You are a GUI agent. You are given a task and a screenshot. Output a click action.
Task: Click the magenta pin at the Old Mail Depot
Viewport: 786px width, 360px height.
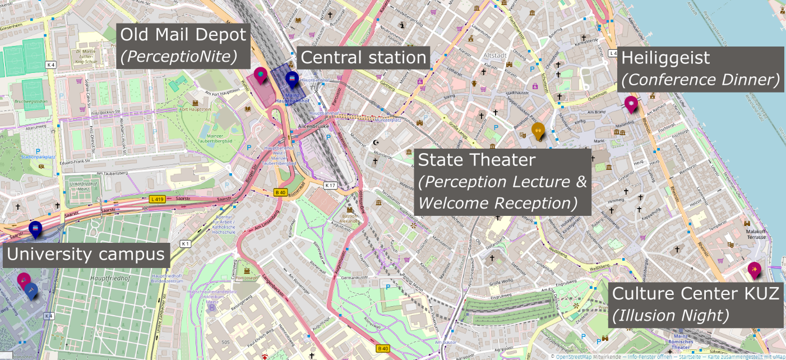261,75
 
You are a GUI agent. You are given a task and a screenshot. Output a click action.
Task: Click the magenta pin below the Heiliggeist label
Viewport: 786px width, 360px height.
631,104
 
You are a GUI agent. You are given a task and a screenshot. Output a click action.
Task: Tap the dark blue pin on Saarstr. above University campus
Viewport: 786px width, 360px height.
35,229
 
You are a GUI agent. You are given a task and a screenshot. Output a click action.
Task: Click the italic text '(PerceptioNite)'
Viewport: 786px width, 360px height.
179,56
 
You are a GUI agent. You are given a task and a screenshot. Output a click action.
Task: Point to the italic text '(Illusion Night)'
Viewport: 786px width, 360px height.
671,316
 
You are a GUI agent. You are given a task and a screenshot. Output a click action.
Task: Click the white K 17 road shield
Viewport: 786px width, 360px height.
330,184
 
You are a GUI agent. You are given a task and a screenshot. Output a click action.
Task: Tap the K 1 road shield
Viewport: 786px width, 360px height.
185,244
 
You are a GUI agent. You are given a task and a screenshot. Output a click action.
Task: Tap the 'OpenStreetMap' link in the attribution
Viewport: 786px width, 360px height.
575,356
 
